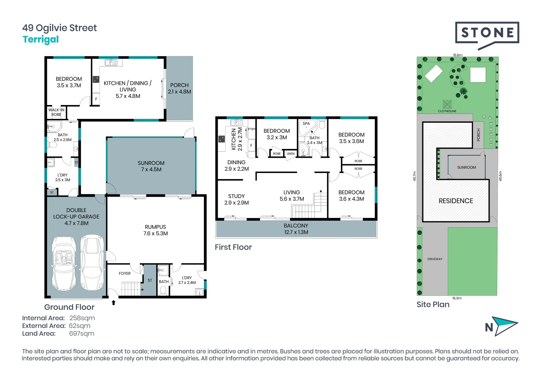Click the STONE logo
[x=487, y=33]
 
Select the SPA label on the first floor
[x=306, y=124]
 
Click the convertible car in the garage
[x=64, y=264]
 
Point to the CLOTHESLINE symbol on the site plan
[x=447, y=105]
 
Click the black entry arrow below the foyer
[x=114, y=302]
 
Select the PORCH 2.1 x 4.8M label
[x=180, y=88]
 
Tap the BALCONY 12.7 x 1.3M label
[x=296, y=229]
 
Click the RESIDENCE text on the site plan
[x=456, y=201]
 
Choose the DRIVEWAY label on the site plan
[x=435, y=259]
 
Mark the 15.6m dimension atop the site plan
[x=457, y=55]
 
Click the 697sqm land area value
[x=81, y=334]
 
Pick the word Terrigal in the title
[x=41, y=39]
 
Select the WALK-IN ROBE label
[x=56, y=112]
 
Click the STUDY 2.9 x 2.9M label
[x=237, y=199]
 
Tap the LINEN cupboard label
[x=290, y=154]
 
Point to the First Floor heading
[x=233, y=247]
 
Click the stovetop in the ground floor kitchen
[x=96, y=80]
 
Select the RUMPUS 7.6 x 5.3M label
[x=155, y=230]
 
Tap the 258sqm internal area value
[x=82, y=318]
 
